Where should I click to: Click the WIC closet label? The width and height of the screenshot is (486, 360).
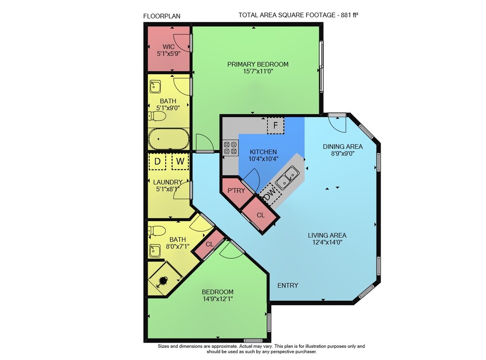pyautogui.click(x=168, y=47)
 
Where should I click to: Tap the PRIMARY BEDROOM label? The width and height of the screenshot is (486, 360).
pyautogui.click(x=258, y=65)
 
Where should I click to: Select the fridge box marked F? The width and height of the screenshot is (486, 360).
pyautogui.click(x=276, y=125)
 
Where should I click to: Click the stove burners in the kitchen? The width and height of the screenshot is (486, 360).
pyautogui.click(x=230, y=148)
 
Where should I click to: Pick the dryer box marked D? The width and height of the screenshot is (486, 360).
pyautogui.click(x=157, y=161)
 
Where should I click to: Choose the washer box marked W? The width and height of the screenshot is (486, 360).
pyautogui.click(x=180, y=161)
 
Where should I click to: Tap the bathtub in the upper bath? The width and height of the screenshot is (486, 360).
pyautogui.click(x=169, y=139)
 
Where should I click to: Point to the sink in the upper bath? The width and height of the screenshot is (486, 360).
pyautogui.click(x=155, y=87)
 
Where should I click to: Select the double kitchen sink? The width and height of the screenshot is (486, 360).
pyautogui.click(x=287, y=177)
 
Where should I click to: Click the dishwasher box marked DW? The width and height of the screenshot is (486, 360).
pyautogui.click(x=270, y=194)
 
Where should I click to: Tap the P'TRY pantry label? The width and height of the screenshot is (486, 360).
pyautogui.click(x=236, y=190)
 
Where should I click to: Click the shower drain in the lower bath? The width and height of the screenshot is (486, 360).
pyautogui.click(x=163, y=281)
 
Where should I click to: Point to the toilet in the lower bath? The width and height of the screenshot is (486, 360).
pyautogui.click(x=157, y=231)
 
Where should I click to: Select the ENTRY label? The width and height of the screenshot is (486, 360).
pyautogui.click(x=288, y=285)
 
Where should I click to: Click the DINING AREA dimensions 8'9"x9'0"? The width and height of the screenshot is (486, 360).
pyautogui.click(x=343, y=154)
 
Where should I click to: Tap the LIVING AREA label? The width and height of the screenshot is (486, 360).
pyautogui.click(x=327, y=236)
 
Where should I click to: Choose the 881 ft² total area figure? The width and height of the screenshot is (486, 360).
pyautogui.click(x=349, y=15)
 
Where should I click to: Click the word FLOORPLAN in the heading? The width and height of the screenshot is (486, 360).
pyautogui.click(x=162, y=16)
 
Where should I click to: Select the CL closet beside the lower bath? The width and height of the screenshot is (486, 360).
pyautogui.click(x=209, y=244)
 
